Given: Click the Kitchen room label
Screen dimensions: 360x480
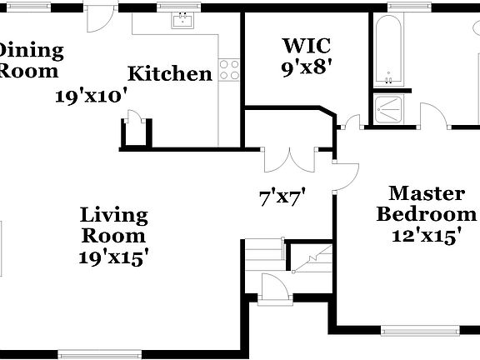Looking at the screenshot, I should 170,74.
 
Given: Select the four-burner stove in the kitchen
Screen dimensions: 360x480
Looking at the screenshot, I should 229,70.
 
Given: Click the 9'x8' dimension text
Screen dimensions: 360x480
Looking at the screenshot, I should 301,67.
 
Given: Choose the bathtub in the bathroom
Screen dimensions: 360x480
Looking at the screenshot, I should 388,50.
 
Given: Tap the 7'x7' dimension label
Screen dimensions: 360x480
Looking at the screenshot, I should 282,197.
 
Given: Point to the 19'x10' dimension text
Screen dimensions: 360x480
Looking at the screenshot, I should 91,95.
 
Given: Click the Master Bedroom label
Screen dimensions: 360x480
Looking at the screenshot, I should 427,204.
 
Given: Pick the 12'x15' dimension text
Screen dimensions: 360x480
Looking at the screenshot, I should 427,236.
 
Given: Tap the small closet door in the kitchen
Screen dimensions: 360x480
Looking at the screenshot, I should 136,120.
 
